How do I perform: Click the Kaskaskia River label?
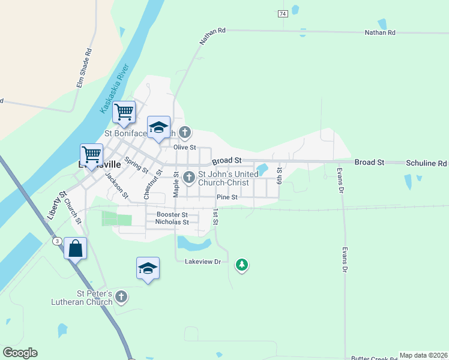115,89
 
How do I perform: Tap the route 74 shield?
283,13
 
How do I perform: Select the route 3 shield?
57,241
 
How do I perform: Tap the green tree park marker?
241,264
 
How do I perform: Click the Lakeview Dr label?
203,262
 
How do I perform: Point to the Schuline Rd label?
426,163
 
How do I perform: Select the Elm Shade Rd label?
83,68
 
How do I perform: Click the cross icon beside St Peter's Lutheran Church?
121,296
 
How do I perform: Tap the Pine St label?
227,197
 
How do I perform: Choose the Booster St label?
172,214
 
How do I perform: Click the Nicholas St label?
172,222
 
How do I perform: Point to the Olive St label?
185,147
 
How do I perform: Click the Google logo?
20,353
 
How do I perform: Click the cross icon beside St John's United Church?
189,176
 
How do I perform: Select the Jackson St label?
116,185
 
